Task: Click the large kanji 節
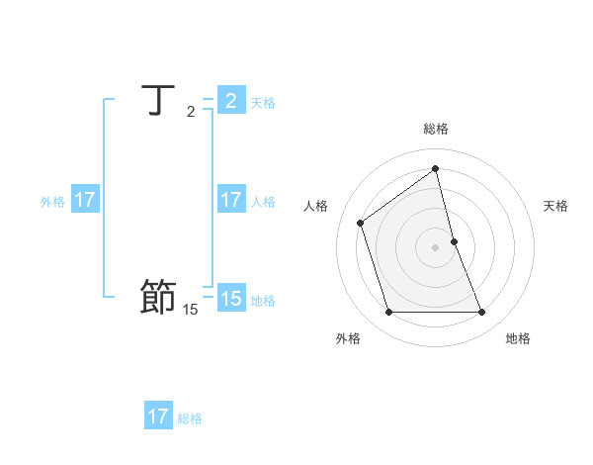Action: pos(158,297)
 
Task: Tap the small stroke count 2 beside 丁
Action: pos(191,112)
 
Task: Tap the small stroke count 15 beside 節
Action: pos(190,310)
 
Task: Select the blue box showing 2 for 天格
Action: pos(230,101)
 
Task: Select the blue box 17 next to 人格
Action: pos(230,200)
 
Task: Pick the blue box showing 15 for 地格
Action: pos(230,298)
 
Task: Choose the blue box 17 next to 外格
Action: pos(85,200)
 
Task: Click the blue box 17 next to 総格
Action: pos(158,417)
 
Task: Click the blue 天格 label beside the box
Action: pos(263,102)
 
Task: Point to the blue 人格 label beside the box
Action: pos(263,201)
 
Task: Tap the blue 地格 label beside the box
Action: pos(263,300)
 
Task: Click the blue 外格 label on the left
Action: pos(52,201)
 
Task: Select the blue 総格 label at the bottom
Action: pos(190,418)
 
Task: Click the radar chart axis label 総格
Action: pos(436,129)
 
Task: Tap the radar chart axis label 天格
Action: pos(555,206)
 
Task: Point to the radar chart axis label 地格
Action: pos(518,338)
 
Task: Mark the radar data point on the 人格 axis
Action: pos(361,223)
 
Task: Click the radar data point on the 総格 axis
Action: pos(436,168)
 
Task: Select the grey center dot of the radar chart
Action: pos(436,246)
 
